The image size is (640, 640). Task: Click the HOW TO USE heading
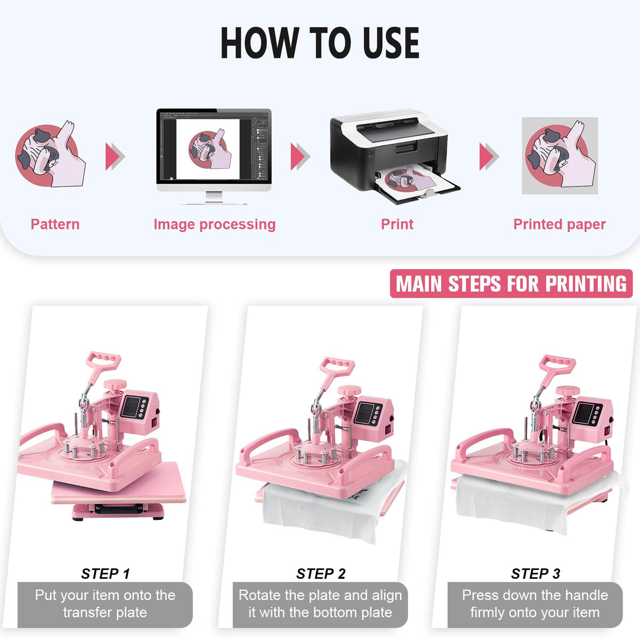coord(319,43)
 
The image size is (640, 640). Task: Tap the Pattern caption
coord(55,224)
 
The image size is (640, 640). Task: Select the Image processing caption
coord(215,224)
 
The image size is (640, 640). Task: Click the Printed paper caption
coord(559,224)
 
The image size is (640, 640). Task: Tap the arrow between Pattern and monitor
coord(115,157)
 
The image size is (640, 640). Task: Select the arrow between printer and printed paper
coord(488,157)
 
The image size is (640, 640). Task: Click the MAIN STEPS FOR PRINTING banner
coord(511,284)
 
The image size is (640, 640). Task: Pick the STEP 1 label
coord(105,574)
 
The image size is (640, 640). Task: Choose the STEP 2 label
coord(321,574)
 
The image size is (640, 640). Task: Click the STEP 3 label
coord(535,574)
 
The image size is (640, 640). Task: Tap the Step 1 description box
coord(105,604)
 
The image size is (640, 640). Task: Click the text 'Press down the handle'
coord(535,595)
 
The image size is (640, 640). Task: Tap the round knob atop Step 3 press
coord(567,391)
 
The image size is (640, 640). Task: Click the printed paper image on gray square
coord(560,156)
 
